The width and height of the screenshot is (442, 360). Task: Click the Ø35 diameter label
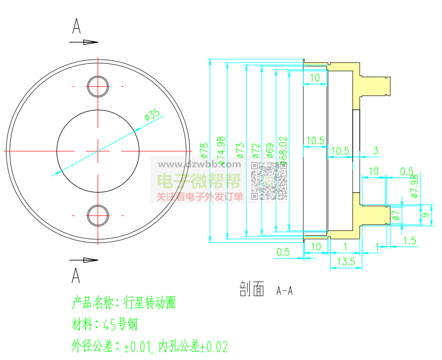tap(152, 115)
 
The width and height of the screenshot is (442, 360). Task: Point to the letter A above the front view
tap(76, 26)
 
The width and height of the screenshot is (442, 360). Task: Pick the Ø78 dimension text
tap(203, 149)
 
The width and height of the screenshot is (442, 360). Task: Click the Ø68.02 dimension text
tap(283, 150)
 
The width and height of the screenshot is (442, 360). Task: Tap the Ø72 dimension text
tap(256, 149)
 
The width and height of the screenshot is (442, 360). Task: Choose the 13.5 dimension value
tap(346, 262)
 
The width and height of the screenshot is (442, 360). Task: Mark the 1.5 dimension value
tap(410, 240)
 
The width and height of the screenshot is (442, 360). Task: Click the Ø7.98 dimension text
tap(414, 186)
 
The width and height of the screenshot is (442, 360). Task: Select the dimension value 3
tap(375, 151)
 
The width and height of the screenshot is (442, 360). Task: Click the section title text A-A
tap(285, 291)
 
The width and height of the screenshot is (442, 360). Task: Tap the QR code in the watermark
tap(268, 180)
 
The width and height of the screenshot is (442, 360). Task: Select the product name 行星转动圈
tap(149, 303)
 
